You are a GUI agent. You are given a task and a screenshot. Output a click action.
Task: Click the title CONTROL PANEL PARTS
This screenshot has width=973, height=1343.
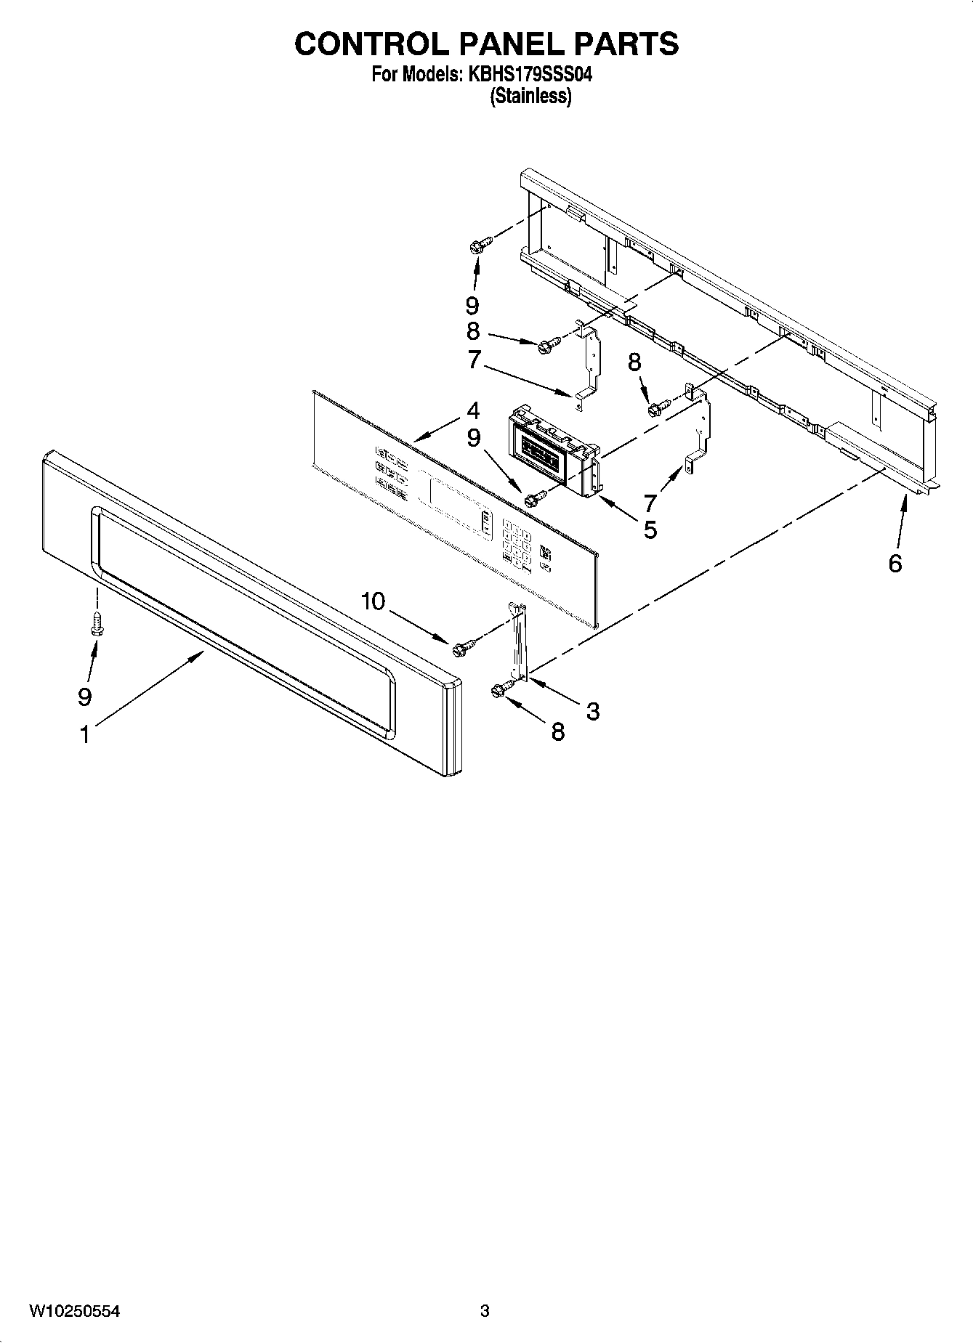(x=486, y=44)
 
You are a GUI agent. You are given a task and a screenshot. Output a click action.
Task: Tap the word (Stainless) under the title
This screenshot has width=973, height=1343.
(x=530, y=96)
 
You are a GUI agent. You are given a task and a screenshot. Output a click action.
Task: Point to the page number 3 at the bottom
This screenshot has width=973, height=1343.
(x=485, y=1312)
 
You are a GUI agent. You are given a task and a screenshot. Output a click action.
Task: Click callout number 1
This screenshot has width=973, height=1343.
(x=85, y=734)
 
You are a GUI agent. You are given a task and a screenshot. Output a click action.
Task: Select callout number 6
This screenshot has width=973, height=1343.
(x=895, y=563)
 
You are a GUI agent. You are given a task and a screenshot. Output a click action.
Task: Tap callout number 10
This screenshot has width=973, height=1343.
(x=374, y=601)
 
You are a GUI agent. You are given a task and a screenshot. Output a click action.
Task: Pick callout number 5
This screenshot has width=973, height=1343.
(x=650, y=530)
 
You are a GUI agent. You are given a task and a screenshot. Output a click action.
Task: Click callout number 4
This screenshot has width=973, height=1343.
(x=473, y=411)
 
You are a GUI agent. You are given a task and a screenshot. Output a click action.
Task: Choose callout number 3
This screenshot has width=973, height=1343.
(x=592, y=712)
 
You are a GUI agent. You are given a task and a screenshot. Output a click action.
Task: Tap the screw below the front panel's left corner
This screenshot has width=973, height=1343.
(x=96, y=623)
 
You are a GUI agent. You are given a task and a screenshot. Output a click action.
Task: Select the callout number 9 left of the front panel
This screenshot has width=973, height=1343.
(x=85, y=697)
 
